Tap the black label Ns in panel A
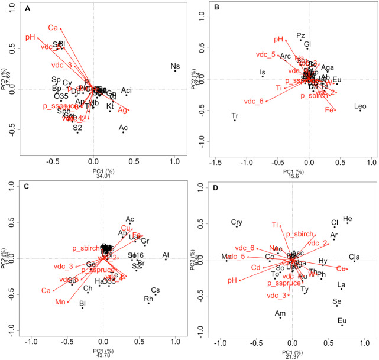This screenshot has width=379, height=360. [x=175, y=66]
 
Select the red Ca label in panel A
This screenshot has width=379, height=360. [x=53, y=27]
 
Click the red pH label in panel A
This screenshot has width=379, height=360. [x=31, y=38]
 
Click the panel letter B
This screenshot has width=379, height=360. [x=216, y=9]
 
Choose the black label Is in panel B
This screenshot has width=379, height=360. [x=263, y=73]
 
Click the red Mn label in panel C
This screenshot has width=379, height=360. [x=60, y=302]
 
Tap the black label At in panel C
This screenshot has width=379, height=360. [x=166, y=255]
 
